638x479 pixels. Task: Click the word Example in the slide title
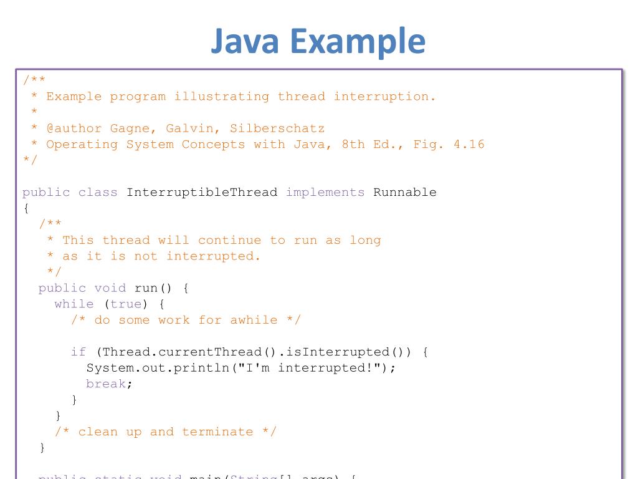coord(356,41)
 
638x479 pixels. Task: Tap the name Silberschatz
coord(277,128)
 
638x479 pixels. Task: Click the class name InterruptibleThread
coord(202,192)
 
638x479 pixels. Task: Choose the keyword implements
coord(325,192)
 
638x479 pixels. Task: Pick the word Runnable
coord(405,192)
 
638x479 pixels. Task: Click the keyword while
coord(74,304)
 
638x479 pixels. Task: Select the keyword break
coord(106,384)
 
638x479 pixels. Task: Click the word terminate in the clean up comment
coord(217,432)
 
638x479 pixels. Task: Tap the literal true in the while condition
coord(126,304)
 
